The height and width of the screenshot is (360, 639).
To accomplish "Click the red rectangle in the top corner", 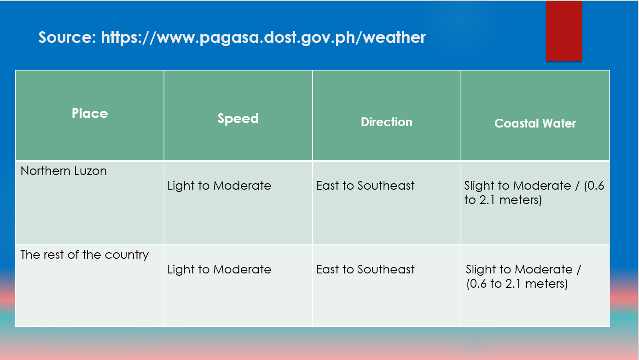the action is (563, 31).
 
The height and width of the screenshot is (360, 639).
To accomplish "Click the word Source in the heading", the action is (67, 37).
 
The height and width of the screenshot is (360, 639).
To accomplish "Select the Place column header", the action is (90, 113).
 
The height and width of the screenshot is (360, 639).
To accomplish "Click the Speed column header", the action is (238, 118).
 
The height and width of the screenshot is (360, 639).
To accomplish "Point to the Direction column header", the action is (387, 122).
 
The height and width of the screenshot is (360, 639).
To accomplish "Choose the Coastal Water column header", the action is (535, 123).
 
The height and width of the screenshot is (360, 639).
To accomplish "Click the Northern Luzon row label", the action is (64, 171).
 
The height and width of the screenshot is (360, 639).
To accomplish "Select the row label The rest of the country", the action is (84, 255).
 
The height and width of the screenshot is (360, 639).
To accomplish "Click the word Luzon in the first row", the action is (90, 171).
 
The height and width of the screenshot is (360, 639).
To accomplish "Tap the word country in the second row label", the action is (127, 255).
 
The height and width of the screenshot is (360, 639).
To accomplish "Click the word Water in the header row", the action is (559, 123).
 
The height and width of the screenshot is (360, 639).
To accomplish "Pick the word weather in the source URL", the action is (394, 37).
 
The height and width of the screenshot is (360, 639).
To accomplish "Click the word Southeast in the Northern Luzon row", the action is (386, 186).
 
